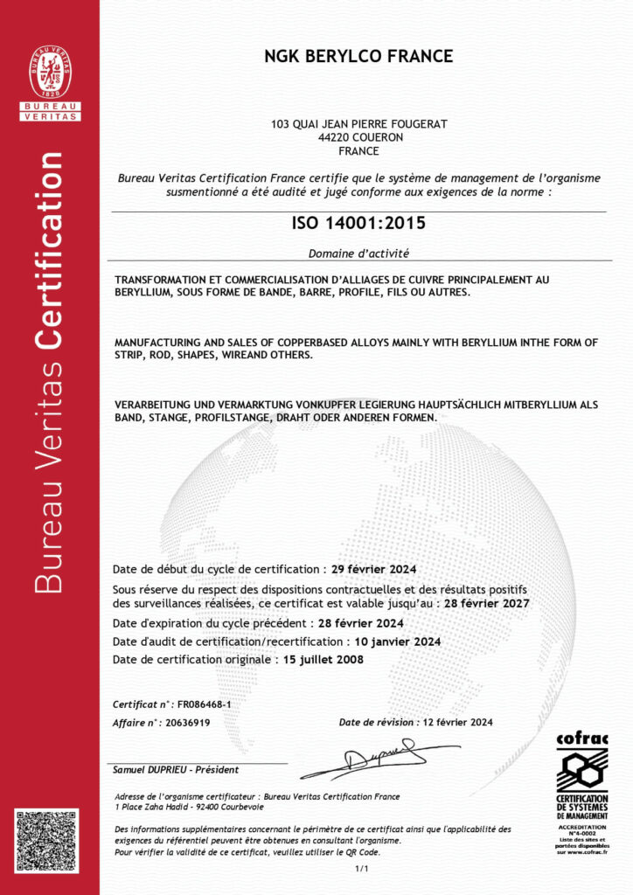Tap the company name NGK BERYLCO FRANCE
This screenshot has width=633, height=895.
tap(358, 57)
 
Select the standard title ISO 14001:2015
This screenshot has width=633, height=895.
tap(358, 223)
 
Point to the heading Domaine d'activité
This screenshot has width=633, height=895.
tap(358, 253)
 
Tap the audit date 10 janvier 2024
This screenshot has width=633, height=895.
tap(391, 641)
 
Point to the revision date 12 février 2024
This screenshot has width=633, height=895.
tap(457, 722)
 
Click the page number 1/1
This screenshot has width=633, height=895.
tap(362, 869)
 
